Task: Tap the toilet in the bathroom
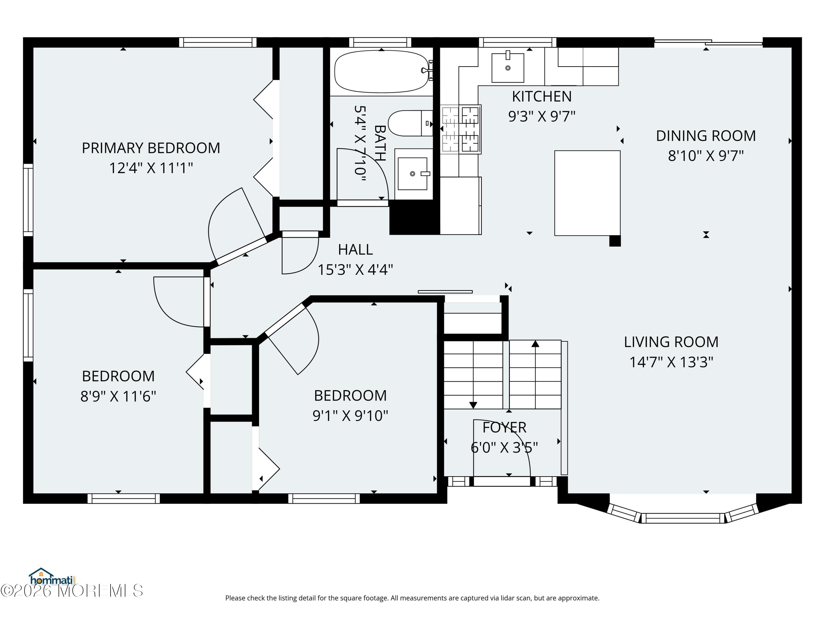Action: click(410, 123)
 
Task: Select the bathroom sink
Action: click(413, 174)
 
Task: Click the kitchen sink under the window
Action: click(508, 67)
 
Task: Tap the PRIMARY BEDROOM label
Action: click(151, 148)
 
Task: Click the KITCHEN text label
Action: click(541, 97)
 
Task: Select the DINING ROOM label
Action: click(706, 136)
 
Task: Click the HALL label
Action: click(355, 250)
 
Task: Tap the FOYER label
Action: click(504, 428)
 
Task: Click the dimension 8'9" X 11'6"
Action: click(118, 396)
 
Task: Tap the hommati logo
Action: click(52, 577)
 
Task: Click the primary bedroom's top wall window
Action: click(218, 42)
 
